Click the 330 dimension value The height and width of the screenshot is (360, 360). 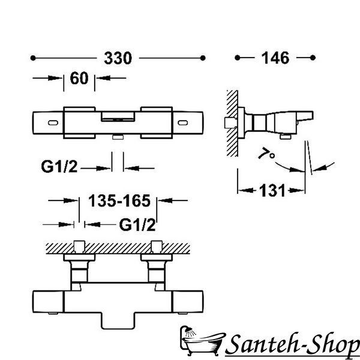click(118, 58)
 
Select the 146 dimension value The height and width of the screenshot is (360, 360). click(275, 58)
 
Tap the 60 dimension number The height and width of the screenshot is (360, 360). click(79, 78)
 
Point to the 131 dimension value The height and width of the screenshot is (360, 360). click(272, 191)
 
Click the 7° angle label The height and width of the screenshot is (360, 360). click(267, 154)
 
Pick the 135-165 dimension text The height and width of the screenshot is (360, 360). click(119, 200)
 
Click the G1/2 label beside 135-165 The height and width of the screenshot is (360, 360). click(137, 224)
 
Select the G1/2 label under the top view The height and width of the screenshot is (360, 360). click(59, 166)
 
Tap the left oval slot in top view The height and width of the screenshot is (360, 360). click(53, 123)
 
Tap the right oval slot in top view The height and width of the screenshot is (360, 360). click(183, 123)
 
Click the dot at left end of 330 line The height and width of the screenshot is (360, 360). click(33, 58)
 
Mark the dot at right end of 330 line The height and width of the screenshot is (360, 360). click(203, 58)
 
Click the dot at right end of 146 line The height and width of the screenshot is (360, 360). click(313, 58)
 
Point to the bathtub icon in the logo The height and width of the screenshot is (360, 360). click(202, 341)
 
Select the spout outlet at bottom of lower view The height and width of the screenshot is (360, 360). click(118, 320)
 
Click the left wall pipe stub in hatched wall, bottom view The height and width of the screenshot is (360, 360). click(79, 247)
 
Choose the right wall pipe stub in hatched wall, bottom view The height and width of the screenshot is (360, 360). click(157, 247)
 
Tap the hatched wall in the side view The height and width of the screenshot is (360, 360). click(232, 123)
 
